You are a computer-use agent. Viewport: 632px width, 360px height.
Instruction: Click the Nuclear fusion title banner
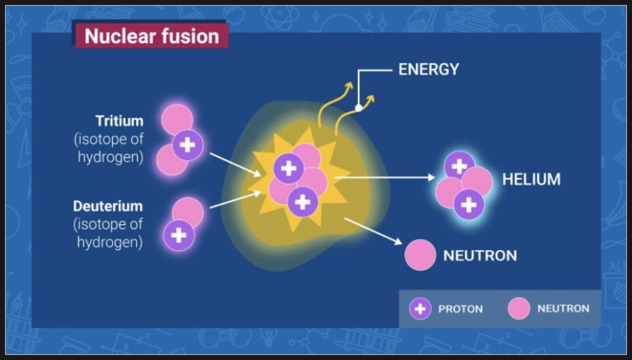tap(152, 36)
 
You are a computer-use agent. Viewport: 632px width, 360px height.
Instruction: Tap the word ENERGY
tap(429, 69)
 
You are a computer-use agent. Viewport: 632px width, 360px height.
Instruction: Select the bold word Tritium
tap(119, 121)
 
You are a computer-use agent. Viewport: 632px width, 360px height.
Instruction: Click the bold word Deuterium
tap(107, 206)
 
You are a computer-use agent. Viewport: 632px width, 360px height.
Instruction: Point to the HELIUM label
tap(531, 179)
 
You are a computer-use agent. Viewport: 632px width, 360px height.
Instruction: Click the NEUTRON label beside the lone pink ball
tap(480, 255)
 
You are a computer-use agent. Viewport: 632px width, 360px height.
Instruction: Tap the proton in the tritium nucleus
tap(187, 145)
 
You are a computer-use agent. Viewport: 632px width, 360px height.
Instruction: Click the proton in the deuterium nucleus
tap(179, 236)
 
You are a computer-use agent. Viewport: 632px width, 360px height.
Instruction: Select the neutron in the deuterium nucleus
tap(188, 211)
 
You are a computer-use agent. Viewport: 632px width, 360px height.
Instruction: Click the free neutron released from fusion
tap(420, 255)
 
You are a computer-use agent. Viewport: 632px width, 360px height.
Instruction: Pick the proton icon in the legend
tap(420, 309)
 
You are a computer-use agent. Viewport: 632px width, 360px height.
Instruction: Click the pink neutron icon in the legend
tap(519, 309)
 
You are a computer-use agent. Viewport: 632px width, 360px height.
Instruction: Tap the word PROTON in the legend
tap(461, 309)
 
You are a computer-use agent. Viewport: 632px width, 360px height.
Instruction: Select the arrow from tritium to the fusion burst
tap(236, 164)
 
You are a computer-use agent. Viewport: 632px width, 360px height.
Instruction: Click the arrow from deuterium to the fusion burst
tap(236, 200)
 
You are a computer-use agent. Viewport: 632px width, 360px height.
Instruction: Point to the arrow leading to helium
tap(385, 177)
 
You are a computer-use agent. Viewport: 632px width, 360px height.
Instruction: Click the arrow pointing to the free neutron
tap(373, 232)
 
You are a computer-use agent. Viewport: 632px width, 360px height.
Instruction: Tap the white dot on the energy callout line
tap(359, 108)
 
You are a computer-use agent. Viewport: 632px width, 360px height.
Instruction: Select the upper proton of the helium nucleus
tap(459, 166)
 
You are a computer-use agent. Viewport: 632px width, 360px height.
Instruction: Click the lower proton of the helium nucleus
tap(468, 205)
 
